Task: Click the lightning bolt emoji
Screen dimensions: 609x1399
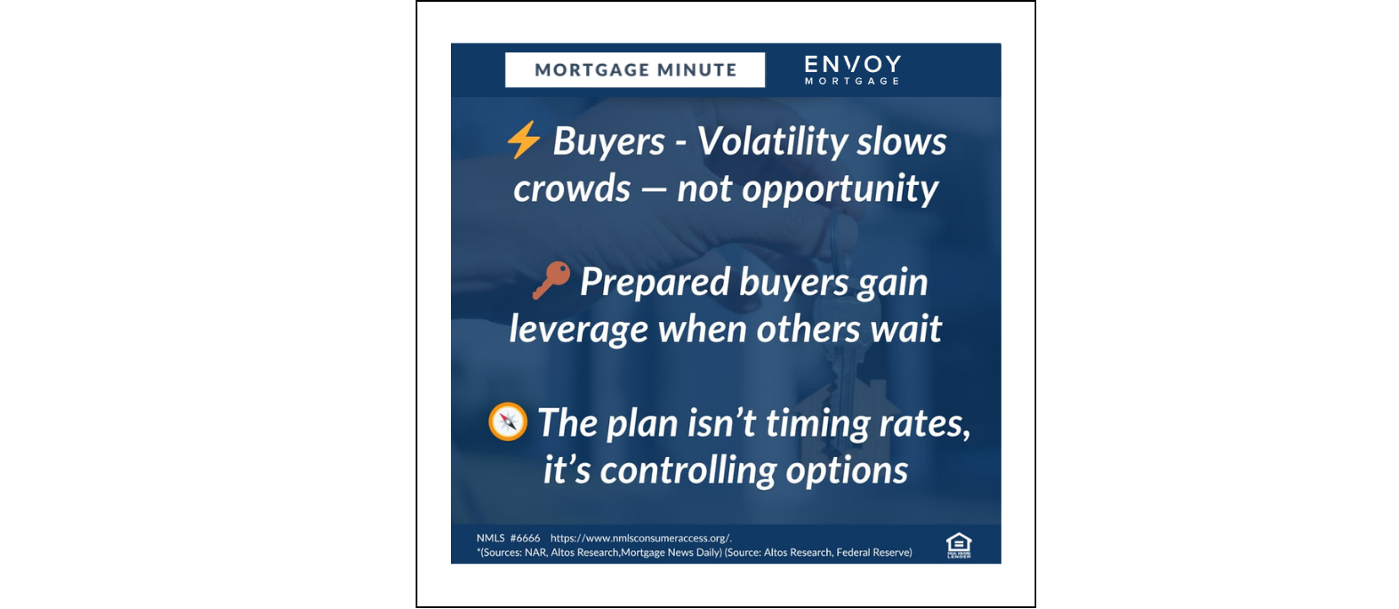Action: tap(523, 140)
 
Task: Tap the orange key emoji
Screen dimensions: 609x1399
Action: tap(551, 280)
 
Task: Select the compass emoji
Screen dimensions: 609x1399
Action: tap(508, 421)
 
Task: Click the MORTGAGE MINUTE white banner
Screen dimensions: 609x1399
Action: tap(635, 70)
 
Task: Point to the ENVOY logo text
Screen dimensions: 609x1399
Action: tap(852, 65)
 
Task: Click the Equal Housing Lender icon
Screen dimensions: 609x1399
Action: tap(958, 544)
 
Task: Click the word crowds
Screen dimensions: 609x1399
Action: tap(571, 188)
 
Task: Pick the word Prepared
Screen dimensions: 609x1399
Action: tap(655, 282)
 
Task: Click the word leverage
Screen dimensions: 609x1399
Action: tap(578, 330)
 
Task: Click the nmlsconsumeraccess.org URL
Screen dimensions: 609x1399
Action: tap(640, 538)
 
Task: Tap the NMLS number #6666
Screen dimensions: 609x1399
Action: tap(525, 538)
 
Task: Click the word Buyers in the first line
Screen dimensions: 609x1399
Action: tap(608, 141)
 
